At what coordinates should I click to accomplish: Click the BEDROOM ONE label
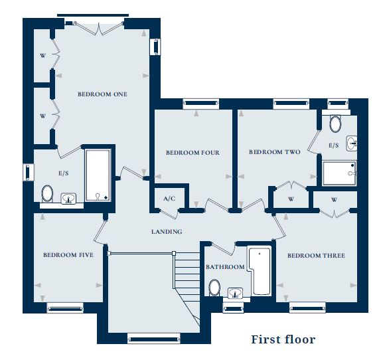[102, 94]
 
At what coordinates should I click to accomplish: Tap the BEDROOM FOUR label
[192, 153]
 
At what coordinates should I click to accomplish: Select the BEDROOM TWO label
[274, 152]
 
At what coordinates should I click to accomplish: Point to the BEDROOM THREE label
[315, 256]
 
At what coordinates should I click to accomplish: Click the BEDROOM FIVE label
[68, 255]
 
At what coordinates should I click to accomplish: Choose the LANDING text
[167, 232]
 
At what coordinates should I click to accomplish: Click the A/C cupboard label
[169, 199]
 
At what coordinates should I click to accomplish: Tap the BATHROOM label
[225, 267]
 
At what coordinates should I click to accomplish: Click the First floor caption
[283, 339]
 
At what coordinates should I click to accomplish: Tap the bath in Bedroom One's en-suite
[98, 174]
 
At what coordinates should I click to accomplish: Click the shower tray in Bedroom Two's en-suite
[339, 173]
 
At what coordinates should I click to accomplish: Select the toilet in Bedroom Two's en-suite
[335, 124]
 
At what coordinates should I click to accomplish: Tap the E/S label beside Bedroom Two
[333, 145]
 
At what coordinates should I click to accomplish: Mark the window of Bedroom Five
[65, 308]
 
